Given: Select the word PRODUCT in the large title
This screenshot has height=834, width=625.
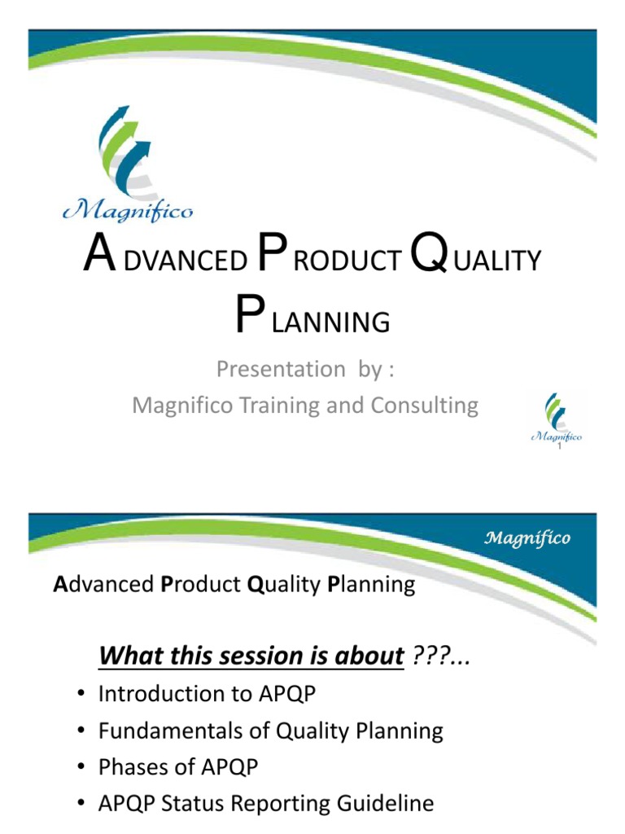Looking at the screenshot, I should click(x=330, y=259).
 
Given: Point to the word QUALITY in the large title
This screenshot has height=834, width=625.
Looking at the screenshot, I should click(x=476, y=259).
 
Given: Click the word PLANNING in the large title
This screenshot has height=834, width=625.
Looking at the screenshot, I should click(x=312, y=321).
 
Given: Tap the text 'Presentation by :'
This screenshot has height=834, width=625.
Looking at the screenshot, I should click(x=305, y=369).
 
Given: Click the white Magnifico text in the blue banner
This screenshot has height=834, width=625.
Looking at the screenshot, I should click(x=527, y=538).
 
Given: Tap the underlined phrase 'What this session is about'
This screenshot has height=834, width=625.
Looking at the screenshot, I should click(x=251, y=655).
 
